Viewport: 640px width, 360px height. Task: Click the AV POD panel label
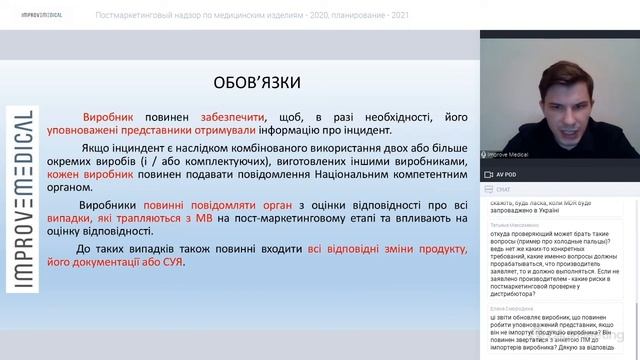[508, 174]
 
